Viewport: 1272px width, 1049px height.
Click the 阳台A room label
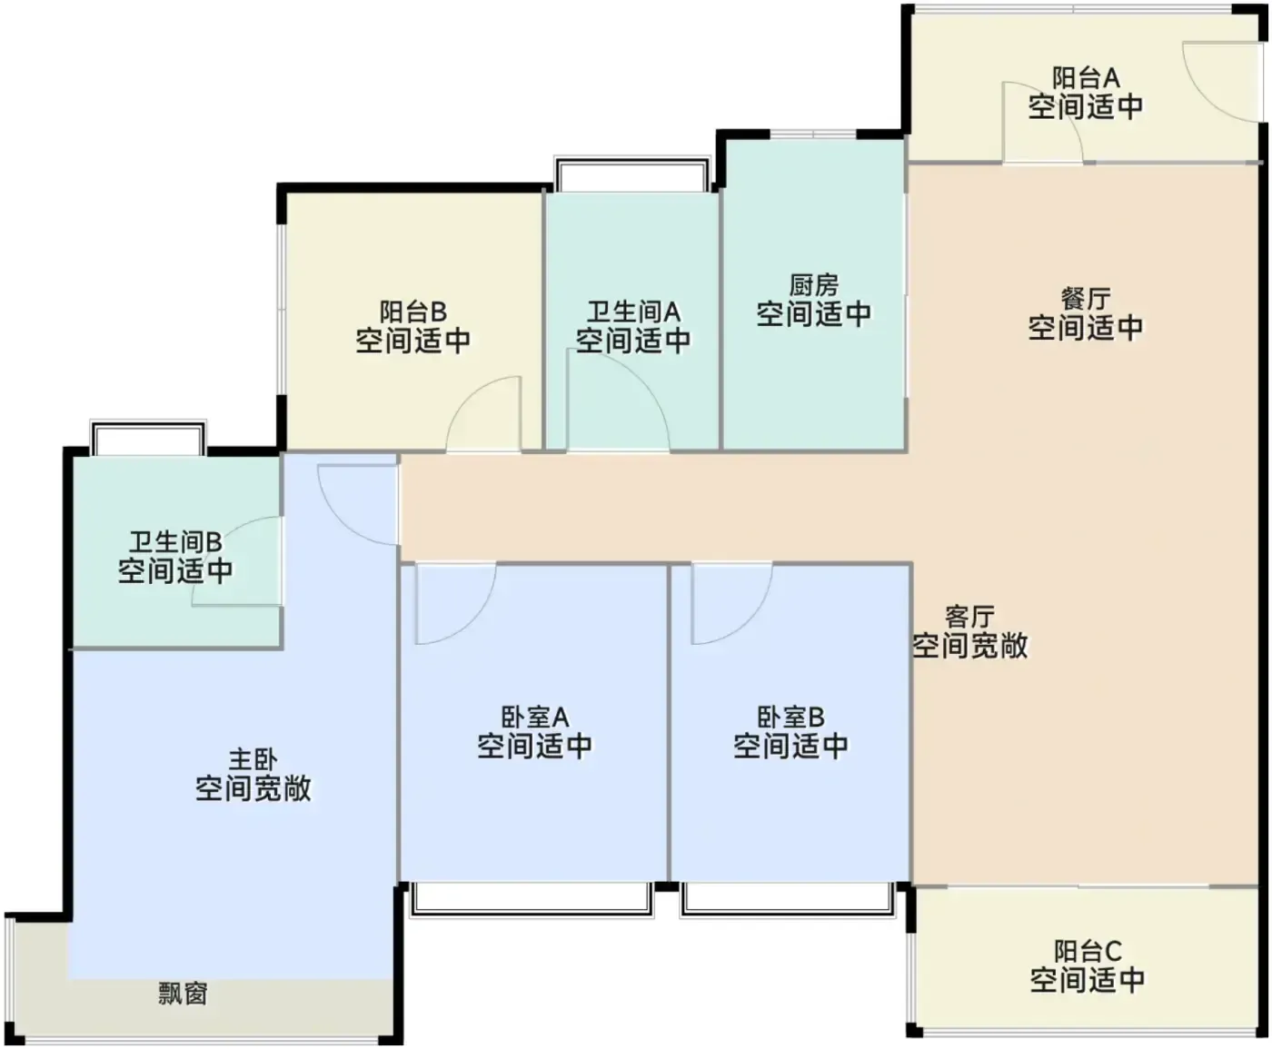pos(1086,78)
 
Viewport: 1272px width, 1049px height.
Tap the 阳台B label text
pos(413,312)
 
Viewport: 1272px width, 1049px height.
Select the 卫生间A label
pos(633,312)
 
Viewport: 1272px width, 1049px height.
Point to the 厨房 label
pos(813,285)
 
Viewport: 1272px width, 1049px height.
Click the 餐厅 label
pos(1086,299)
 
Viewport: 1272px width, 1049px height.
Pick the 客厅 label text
pos(969,617)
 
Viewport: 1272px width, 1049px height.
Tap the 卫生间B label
pos(175,542)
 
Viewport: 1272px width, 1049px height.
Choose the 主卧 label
pos(253,759)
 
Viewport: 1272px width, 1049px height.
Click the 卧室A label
pos(534,717)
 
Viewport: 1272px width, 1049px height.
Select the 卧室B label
pos(790,717)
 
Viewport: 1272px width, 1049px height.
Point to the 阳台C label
pos(1088,951)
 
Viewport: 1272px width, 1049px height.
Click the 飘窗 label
pos(183,994)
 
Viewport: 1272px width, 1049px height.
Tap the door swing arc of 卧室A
pos(475,622)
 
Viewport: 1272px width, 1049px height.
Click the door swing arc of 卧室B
pos(751,622)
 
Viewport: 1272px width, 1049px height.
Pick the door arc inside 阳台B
pos(469,396)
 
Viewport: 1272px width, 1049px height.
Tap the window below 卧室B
pos(789,900)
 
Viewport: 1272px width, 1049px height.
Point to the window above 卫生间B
pos(148,438)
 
